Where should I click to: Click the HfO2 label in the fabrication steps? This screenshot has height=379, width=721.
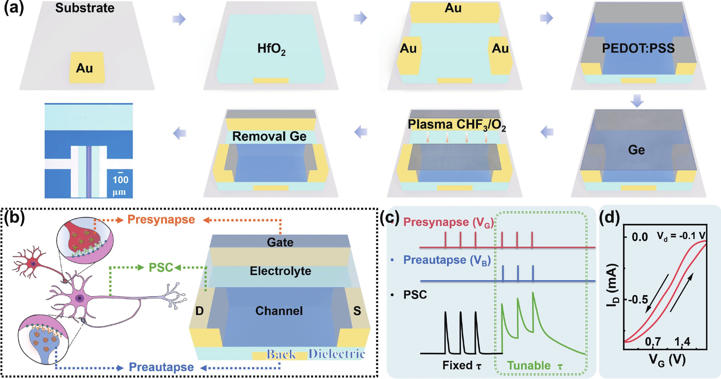(271, 49)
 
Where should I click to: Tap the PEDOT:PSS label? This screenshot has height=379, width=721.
(638, 48)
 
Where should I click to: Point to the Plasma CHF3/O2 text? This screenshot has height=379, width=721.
(456, 125)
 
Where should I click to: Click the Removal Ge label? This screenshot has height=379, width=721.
(269, 136)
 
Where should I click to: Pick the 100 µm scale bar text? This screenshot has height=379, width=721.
(120, 185)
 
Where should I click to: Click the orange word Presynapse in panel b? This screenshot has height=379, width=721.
(161, 219)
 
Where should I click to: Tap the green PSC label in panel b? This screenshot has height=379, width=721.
(161, 267)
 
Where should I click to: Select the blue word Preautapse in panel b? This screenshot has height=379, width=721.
(161, 367)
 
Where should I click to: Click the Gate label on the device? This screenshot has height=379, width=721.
(280, 242)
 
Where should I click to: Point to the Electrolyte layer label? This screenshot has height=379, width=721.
(280, 271)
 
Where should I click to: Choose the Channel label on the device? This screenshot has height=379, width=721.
(279, 311)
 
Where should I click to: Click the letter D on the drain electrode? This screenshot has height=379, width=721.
(199, 311)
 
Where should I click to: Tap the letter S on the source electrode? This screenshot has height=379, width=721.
(357, 311)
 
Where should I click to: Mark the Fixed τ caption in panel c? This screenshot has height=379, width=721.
(461, 365)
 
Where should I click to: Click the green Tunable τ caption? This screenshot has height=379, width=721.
(535, 366)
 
